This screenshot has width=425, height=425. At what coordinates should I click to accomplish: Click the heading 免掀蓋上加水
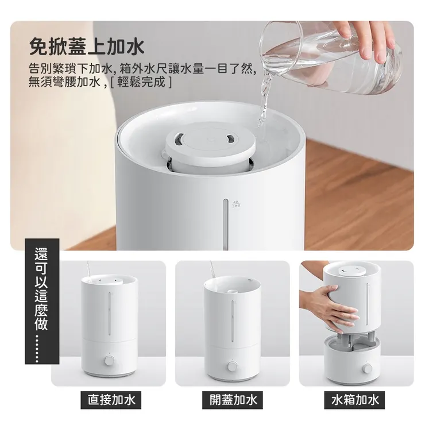tap(86, 44)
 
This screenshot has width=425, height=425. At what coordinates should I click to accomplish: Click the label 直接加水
tap(111, 400)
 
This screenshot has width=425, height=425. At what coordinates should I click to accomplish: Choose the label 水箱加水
tap(355, 400)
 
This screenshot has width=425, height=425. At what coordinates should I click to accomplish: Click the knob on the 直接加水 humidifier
tap(110, 361)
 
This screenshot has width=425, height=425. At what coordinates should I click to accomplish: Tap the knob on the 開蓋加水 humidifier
tap(233, 366)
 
